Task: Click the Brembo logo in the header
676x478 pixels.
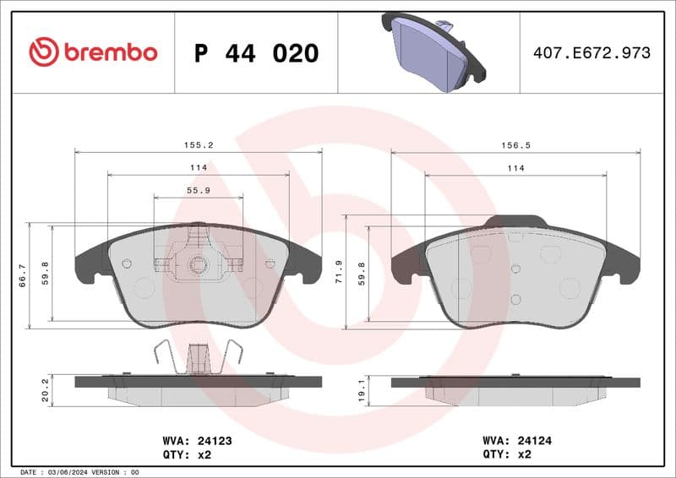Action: pos(93,52)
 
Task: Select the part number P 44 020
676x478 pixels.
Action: pos(256,53)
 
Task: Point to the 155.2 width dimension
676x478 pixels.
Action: pos(199,145)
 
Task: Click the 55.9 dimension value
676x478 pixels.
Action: pos(199,191)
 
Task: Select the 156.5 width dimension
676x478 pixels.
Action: pos(515,145)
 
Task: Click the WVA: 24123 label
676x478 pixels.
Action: pos(197,440)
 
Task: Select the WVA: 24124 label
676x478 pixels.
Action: pos(516,440)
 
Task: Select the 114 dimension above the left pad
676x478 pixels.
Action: pos(199,168)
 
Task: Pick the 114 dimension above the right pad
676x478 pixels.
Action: pos(515,168)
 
